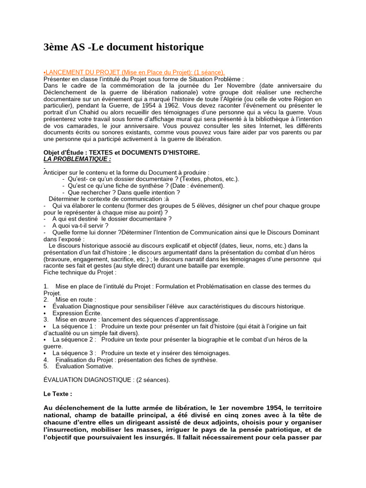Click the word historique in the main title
coord(177,47)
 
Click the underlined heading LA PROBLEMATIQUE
coord(77,159)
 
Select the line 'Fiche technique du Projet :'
coord(80,272)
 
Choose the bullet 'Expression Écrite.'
coord(77,313)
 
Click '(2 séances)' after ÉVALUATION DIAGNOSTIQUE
coord(153,380)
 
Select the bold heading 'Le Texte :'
coord(58,394)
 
